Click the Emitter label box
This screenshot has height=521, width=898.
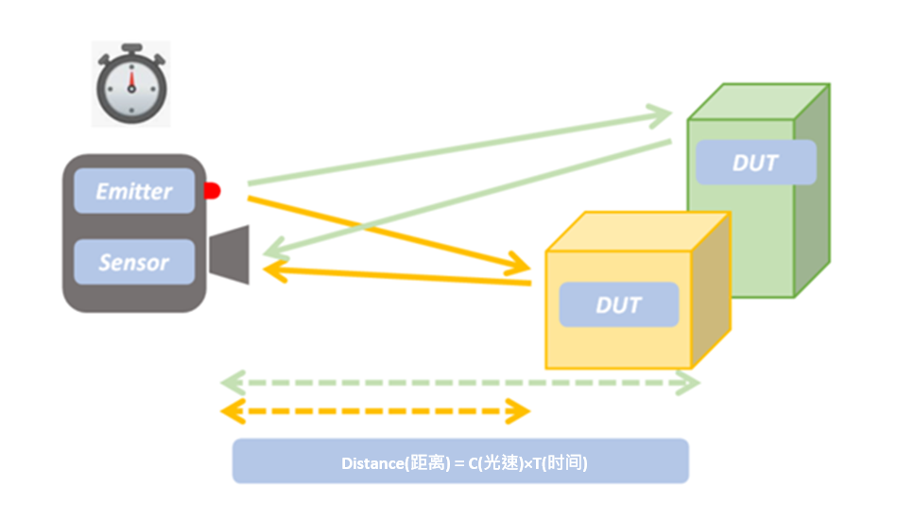click(134, 191)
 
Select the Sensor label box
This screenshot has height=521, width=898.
click(134, 262)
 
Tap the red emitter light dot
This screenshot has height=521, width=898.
click(212, 191)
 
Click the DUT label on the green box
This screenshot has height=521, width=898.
click(755, 163)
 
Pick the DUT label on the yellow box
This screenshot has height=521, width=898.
click(619, 304)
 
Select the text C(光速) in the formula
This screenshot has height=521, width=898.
click(491, 463)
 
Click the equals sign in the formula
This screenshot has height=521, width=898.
click(458, 463)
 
